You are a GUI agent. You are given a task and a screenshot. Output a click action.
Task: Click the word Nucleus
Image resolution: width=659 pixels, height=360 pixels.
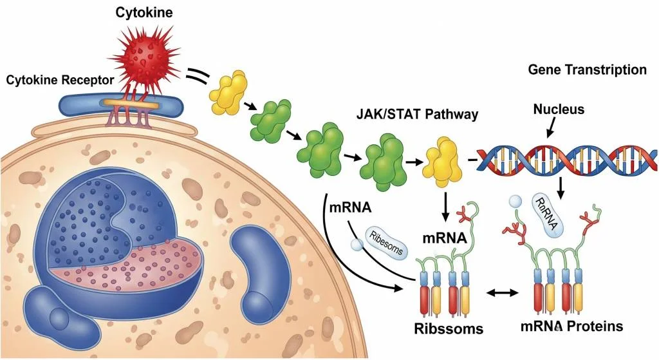(x=559, y=109)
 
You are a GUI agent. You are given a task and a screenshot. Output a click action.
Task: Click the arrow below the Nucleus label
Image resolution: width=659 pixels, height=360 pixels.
(x=550, y=131)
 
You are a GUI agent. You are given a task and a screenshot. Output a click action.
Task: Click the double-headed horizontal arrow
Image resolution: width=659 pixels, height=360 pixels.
(x=501, y=293)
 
